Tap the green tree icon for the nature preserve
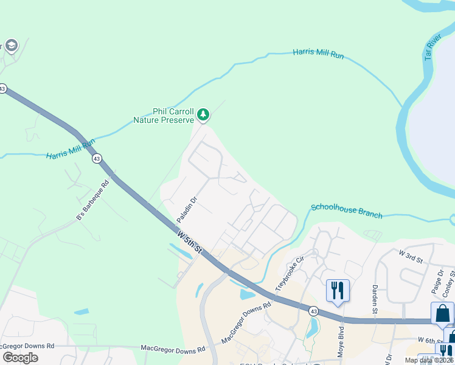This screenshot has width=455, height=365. [x=203, y=114]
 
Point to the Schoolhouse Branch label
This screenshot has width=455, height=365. [x=347, y=211]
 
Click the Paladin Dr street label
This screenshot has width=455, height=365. [x=187, y=209]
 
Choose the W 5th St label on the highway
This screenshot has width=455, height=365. [x=190, y=242]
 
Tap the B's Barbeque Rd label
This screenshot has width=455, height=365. [x=92, y=200]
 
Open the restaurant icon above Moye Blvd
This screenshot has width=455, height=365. [x=338, y=290]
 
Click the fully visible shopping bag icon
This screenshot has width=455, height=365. [x=442, y=313]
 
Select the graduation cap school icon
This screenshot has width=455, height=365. [x=11, y=46]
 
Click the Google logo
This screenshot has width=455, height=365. [x=20, y=357]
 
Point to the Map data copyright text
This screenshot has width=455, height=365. [x=429, y=360]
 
